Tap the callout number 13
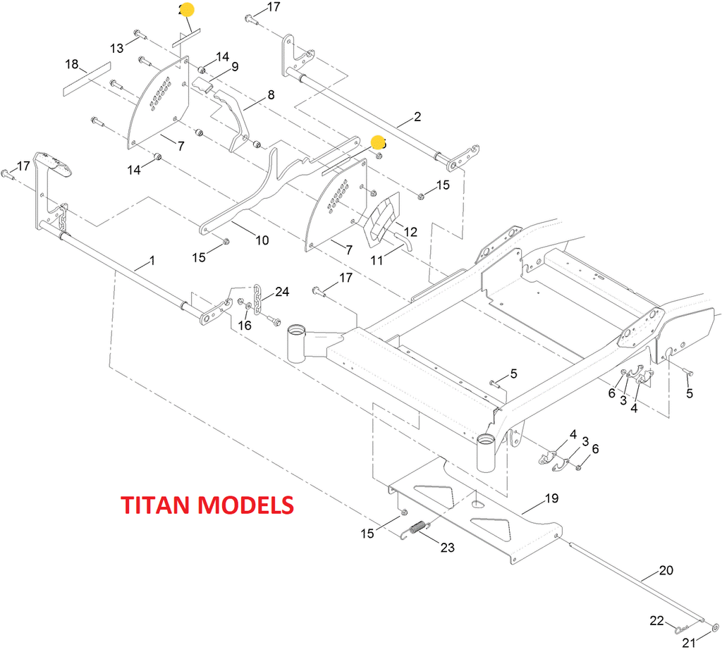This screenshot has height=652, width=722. (116, 48)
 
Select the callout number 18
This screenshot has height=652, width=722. (72, 64)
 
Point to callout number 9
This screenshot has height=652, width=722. (235, 67)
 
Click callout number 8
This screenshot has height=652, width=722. (270, 94)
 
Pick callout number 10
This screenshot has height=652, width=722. (262, 240)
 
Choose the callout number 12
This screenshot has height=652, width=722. (410, 231)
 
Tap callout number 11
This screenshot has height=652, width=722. (377, 260)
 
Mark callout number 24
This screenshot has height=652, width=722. (282, 291)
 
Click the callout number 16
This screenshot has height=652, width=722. (245, 325)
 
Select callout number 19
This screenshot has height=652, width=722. (551, 498)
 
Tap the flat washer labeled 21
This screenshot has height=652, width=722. (715, 625)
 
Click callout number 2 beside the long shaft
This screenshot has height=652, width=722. (417, 116)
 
